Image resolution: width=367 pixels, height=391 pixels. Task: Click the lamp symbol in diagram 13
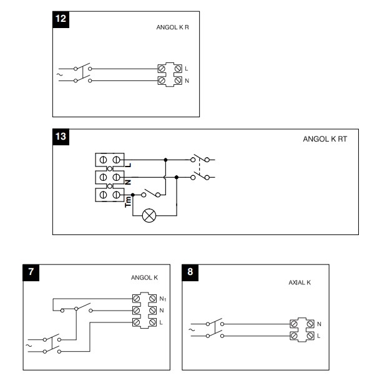[149, 216]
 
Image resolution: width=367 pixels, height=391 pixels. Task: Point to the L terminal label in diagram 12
[187, 67]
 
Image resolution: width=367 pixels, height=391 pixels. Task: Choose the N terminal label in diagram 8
[318, 324]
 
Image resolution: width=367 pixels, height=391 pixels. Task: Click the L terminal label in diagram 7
[161, 322]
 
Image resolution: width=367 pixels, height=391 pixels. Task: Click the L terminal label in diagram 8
[318, 337]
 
